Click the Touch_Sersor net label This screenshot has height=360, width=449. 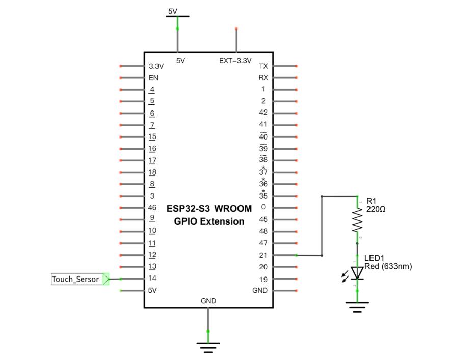[80, 279]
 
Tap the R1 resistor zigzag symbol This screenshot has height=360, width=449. [357, 220]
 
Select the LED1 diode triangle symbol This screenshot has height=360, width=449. [357, 273]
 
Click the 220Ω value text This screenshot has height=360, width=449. [376, 209]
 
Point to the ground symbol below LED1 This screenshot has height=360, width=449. [357, 307]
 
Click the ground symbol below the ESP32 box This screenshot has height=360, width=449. [208, 347]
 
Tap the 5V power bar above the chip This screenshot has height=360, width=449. [177, 16]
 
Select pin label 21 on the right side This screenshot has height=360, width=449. [263, 255]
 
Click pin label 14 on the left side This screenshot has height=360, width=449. [152, 278]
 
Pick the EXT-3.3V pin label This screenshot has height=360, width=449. [235, 61]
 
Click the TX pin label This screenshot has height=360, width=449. [263, 66]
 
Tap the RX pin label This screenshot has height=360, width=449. [263, 77]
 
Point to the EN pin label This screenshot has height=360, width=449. [153, 78]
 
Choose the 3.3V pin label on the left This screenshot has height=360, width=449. [156, 66]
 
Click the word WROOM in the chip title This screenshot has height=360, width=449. [233, 209]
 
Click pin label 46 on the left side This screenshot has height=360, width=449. [152, 207]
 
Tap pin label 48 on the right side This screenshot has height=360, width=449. [263, 231]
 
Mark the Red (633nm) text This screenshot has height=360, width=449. [388, 266]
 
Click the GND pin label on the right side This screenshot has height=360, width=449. [260, 290]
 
